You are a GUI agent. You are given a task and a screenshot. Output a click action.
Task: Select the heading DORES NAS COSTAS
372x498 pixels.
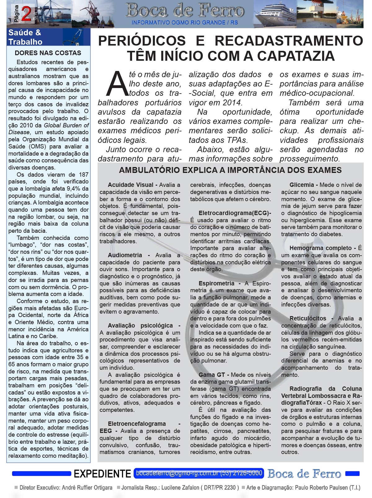pos(48,53)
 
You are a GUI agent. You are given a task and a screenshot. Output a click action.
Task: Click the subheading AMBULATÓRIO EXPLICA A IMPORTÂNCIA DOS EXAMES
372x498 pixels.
pos(230,170)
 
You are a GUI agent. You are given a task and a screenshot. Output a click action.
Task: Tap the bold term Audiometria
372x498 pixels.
pos(125,255)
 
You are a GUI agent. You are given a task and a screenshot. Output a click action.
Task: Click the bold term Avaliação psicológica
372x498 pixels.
pos(140,326)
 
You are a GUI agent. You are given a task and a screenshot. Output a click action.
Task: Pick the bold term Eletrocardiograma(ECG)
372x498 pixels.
pos(234,213)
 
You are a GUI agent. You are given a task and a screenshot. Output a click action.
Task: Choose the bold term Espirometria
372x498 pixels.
pos(216,284)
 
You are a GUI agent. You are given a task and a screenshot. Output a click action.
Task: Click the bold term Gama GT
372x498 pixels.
pos(211,375)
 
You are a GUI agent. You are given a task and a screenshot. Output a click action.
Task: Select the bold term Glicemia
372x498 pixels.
pos(302,185)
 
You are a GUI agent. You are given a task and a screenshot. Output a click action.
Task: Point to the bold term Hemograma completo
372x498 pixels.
pos(321,248)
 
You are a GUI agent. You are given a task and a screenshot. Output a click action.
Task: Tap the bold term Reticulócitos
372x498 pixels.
pos(308,319)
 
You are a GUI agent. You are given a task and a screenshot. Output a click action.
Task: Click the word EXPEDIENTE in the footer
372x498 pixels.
pos(102,474)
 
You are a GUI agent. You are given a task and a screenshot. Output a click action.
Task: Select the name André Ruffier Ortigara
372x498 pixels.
pos(87,487)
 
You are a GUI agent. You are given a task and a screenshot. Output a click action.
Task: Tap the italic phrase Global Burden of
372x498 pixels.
pos(66,126)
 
